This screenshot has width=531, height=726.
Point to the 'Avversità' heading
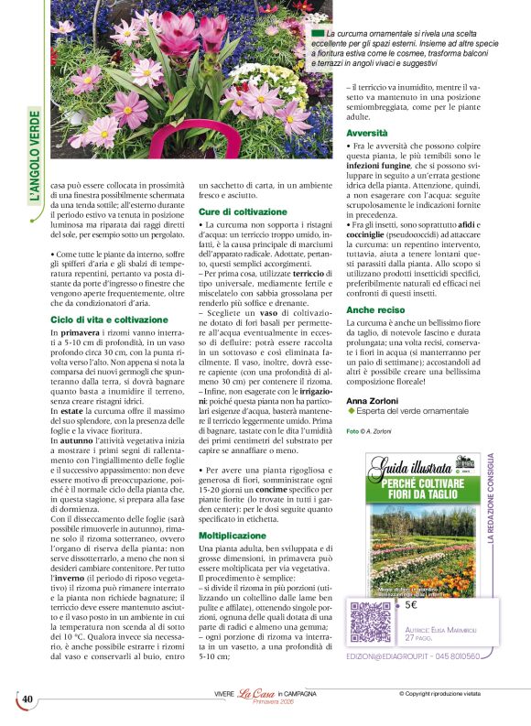point(366,133)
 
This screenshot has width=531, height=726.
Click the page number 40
point(27,700)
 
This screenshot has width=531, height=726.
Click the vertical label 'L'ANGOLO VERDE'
point(35,157)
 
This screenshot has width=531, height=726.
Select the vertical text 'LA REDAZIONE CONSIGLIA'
point(491,498)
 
